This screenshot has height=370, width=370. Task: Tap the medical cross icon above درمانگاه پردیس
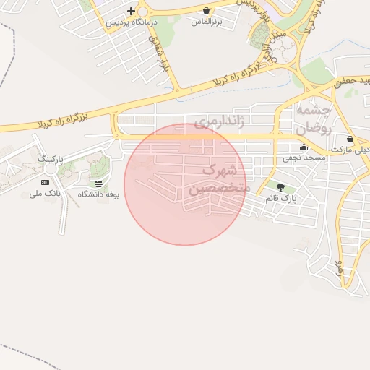[x=131, y=11]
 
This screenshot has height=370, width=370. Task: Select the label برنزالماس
[x=205, y=22]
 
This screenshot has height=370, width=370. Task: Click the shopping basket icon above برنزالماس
[x=206, y=10]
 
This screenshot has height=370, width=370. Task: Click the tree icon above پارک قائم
[x=280, y=187]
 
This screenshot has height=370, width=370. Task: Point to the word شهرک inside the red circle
[x=219, y=171]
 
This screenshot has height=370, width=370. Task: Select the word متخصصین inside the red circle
[x=219, y=188]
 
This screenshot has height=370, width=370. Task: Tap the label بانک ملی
[x=44, y=194]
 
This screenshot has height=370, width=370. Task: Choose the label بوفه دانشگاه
[x=98, y=194]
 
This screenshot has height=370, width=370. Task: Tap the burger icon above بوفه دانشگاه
[x=98, y=184]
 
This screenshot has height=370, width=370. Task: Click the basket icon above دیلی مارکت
[x=350, y=139]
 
